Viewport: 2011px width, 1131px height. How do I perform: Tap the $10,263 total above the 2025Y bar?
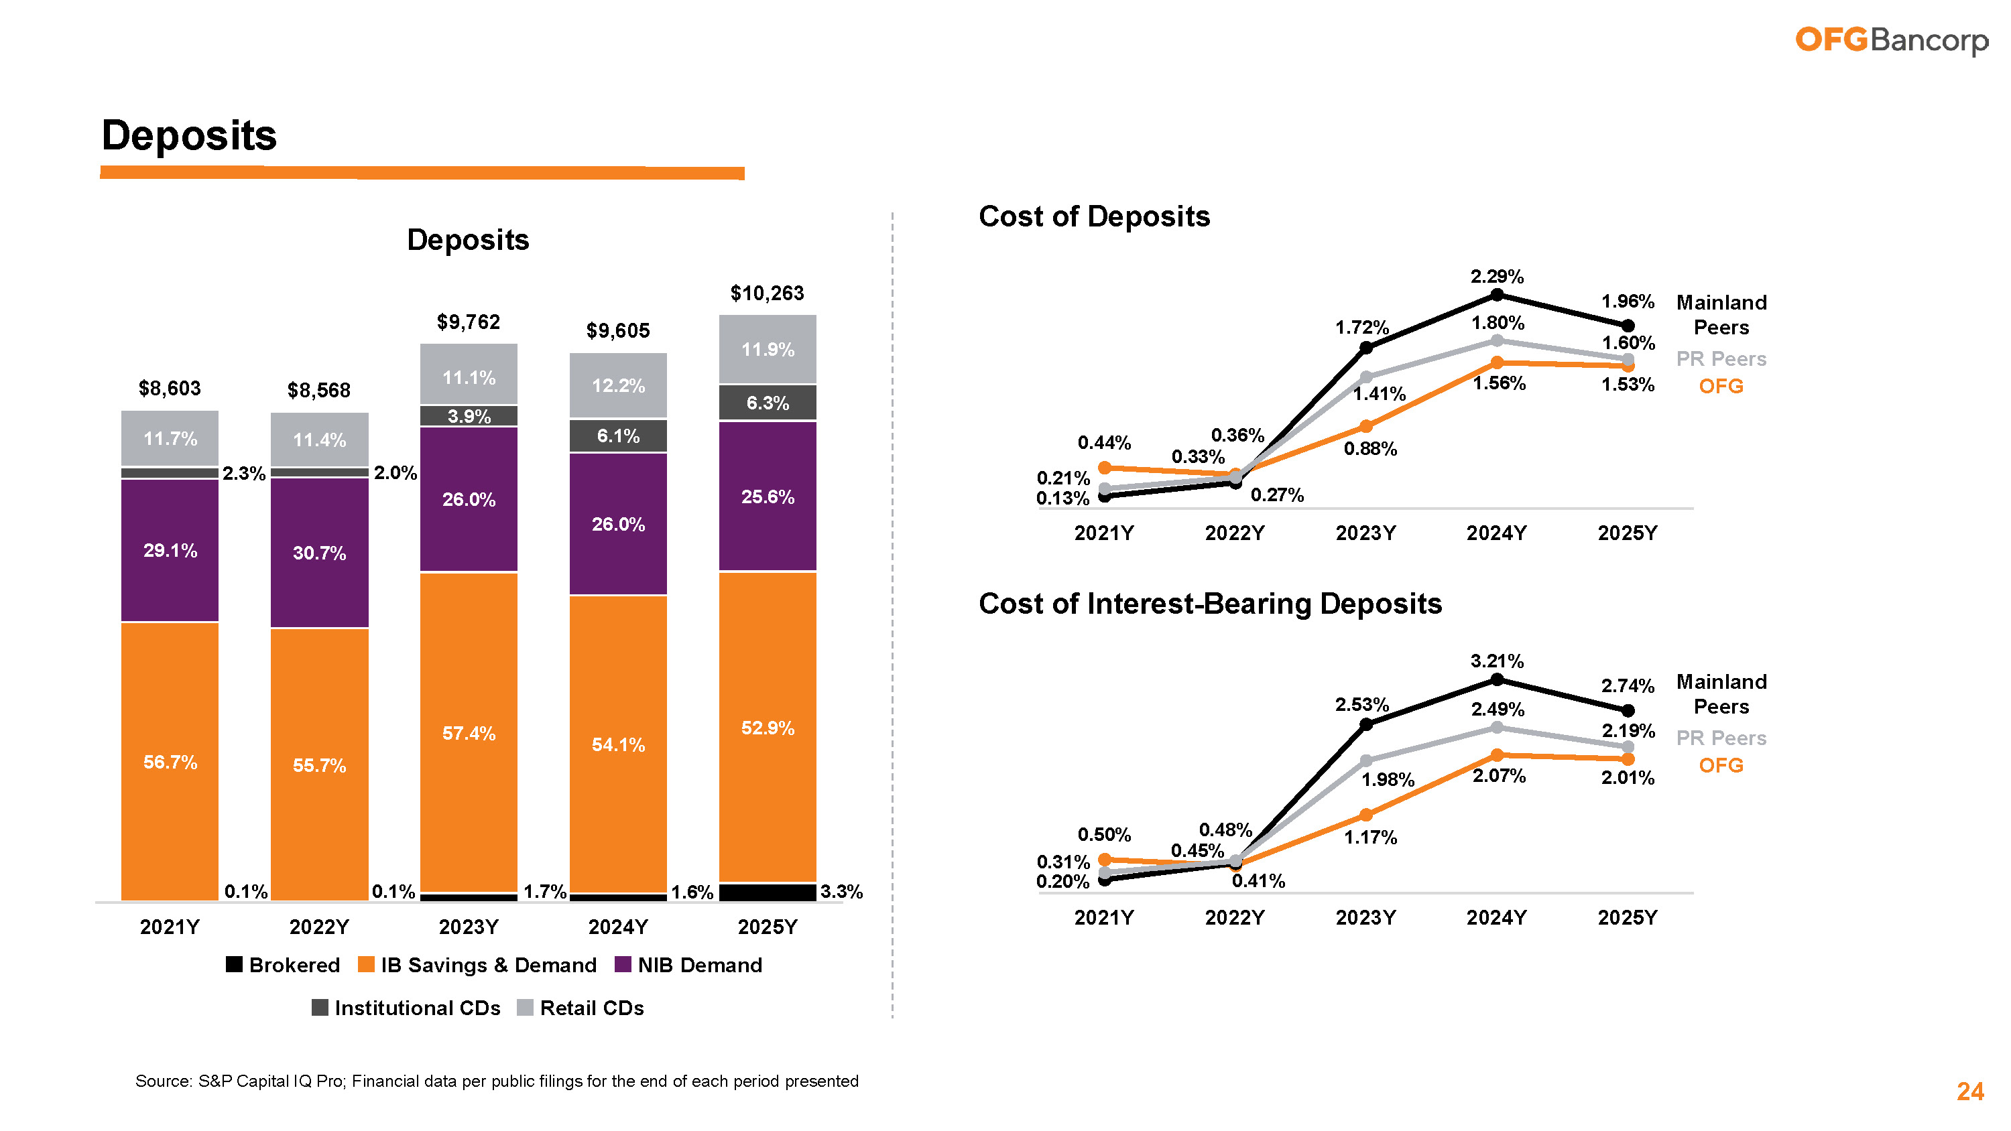pos(767,293)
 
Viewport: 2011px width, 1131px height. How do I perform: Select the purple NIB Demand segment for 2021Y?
pos(170,550)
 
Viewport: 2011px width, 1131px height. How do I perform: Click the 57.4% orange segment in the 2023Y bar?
pos(469,733)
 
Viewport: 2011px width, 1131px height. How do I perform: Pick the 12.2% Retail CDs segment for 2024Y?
pos(617,385)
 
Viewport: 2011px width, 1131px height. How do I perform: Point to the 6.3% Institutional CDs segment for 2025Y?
pos(767,403)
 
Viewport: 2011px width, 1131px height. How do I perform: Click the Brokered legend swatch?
pos(233,965)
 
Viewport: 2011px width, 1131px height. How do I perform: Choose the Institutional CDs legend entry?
pos(406,1008)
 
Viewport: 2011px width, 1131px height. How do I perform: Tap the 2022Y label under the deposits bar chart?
pos(318,927)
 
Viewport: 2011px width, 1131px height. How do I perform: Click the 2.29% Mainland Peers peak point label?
pos(1497,276)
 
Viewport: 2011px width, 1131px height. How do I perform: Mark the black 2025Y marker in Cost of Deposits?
pos(1628,326)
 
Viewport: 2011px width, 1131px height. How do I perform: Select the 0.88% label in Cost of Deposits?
pos(1370,449)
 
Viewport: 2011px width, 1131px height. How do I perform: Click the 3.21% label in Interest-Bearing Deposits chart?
pos(1497,661)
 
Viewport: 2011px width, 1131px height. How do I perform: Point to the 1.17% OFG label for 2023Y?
pos(1370,838)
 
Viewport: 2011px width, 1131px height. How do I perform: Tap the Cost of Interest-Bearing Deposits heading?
pos(1209,603)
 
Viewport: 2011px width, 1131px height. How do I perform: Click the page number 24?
pos(1969,1091)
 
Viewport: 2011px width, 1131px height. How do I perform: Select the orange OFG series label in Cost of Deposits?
pos(1721,387)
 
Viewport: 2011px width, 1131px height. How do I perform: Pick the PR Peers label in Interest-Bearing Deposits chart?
pos(1721,738)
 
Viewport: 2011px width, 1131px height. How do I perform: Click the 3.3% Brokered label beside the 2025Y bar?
pos(841,891)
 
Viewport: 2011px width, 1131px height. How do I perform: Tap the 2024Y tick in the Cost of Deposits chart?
pos(1496,533)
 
